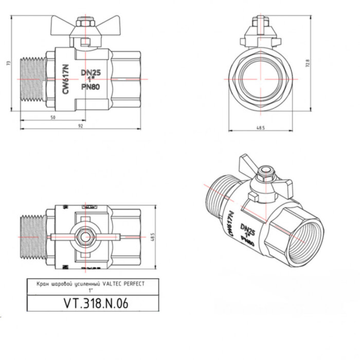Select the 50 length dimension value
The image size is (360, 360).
[x=53, y=117]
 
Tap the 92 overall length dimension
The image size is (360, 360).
[x=81, y=126]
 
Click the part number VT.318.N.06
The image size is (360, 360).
[x=93, y=303]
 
